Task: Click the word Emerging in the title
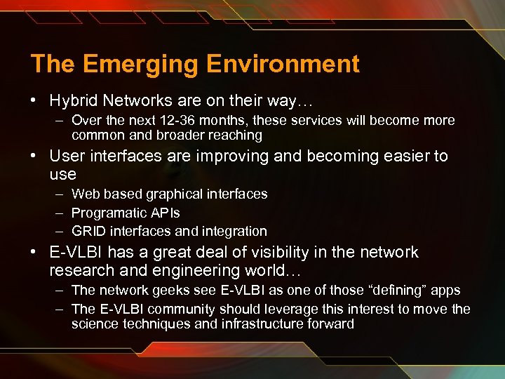pos(141,65)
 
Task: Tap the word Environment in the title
pos(283,64)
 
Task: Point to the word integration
pos(234,231)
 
